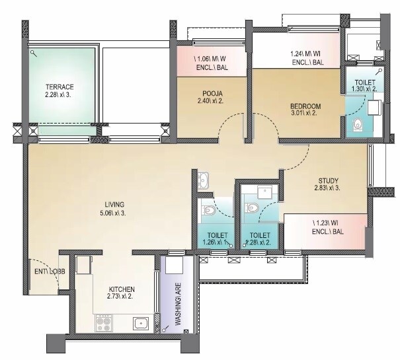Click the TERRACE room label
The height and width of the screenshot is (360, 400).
pos(59,87)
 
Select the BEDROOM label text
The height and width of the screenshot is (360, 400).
pos(305,106)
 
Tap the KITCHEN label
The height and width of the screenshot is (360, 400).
pos(122,289)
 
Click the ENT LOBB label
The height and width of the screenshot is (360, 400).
pos(46,271)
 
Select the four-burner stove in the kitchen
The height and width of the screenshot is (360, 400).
pos(104,322)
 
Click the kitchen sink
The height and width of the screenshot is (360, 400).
pos(140,323)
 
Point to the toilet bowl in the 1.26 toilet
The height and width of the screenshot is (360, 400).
pos(209,211)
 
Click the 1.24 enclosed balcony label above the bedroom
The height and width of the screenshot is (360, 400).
pos(307,59)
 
